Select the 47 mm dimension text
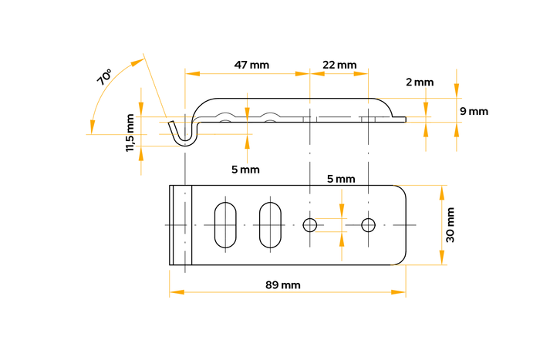(251, 65)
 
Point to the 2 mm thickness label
(420, 82)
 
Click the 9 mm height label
(474, 111)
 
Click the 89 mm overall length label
(282, 284)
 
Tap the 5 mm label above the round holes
(341, 179)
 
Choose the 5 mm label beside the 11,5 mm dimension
(245, 169)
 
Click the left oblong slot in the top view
(225, 224)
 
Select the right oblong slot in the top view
(269, 224)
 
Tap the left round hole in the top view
(310, 224)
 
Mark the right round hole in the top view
(368, 224)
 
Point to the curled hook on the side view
(182, 133)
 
